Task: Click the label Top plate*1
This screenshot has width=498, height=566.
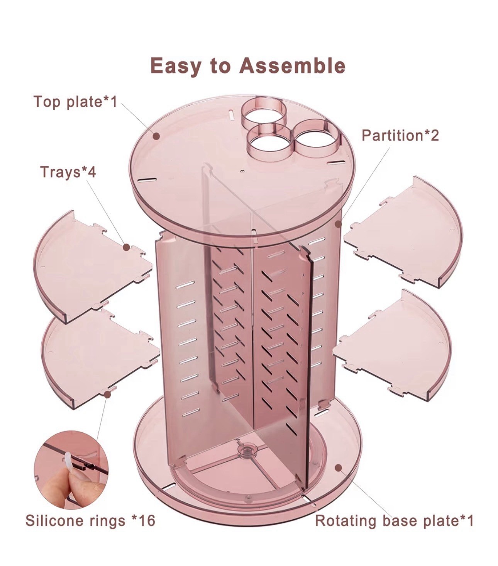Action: click(75, 102)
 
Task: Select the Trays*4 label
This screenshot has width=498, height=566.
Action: click(68, 172)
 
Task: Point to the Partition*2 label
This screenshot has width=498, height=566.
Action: click(400, 135)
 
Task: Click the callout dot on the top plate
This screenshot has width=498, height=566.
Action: click(156, 136)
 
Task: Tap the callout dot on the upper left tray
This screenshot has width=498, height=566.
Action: click(126, 246)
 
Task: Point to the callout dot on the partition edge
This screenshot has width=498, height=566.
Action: click(339, 224)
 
